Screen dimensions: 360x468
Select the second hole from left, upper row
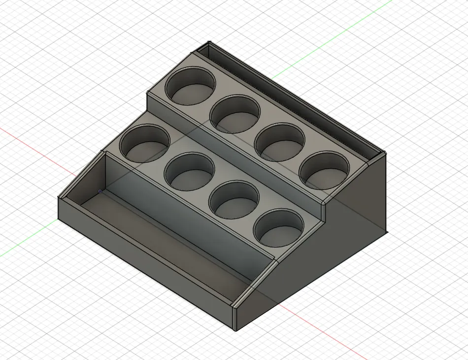coord(235,114)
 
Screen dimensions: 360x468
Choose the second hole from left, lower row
coord(190,171)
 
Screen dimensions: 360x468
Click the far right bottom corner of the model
coord(386,232)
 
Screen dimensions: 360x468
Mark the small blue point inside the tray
coord(100,191)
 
